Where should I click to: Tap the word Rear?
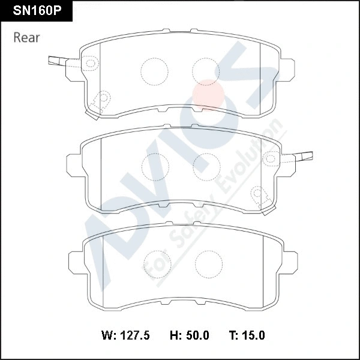coord(26,38)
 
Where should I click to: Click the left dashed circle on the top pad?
coord(153,71)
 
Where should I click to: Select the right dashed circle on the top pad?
coord(205,71)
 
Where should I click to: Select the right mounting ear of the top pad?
coord(288,68)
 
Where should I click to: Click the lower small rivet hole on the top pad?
coord(103,98)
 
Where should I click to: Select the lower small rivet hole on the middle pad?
coord(259,193)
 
